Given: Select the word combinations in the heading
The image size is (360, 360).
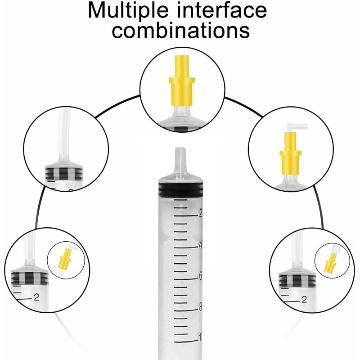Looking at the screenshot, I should point(180,30).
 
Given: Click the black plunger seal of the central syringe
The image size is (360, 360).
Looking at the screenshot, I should point(180,189).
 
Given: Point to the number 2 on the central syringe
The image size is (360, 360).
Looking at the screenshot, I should point(200,214).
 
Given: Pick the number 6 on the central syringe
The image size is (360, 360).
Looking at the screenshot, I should point(200,277).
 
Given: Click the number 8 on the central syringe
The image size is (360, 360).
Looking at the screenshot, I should point(200,308).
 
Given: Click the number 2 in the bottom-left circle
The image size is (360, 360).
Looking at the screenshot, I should point(36,297).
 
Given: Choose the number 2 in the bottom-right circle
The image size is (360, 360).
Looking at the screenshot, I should point(304,299).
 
